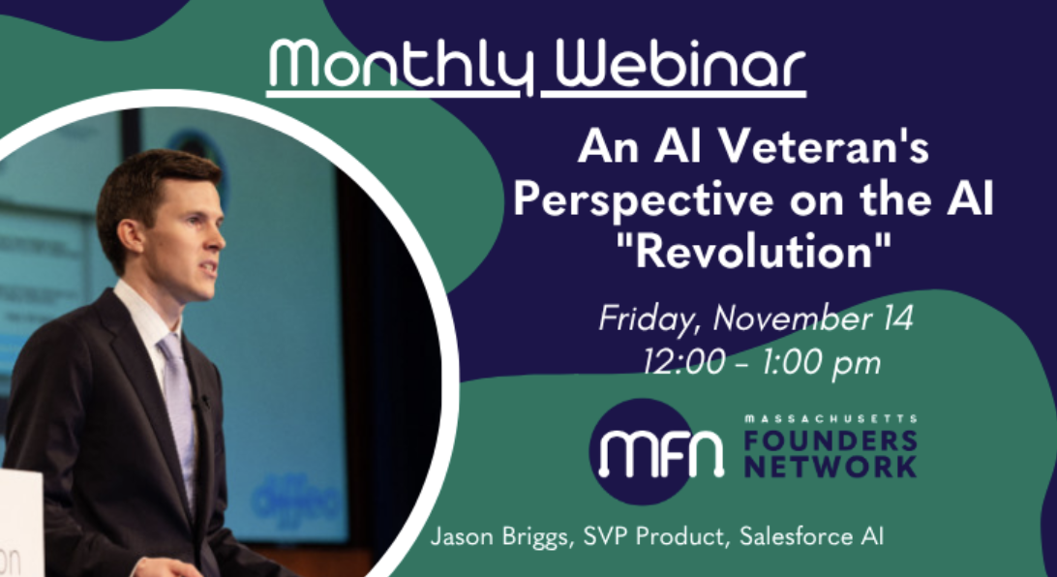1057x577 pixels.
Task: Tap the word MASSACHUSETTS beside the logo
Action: [830, 417]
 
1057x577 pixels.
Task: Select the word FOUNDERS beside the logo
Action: [830, 440]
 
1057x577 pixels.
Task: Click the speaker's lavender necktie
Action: [178, 407]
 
